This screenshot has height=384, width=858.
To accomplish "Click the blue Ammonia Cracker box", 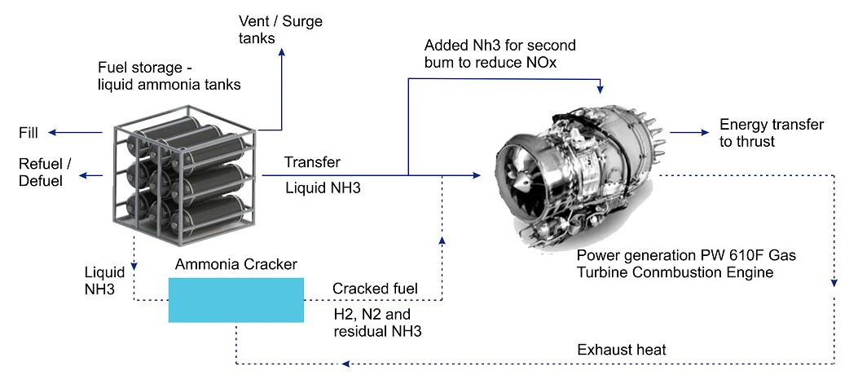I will click(235, 300).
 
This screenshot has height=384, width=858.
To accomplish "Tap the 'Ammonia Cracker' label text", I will click(236, 265).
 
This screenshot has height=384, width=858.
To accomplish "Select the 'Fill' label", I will click(29, 133).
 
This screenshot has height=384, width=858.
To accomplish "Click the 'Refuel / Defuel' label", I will click(45, 172).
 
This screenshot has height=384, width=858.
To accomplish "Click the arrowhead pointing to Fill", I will click(51, 133).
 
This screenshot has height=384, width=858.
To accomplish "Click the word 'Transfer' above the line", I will click(312, 162).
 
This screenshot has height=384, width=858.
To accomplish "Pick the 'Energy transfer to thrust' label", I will click(771, 133).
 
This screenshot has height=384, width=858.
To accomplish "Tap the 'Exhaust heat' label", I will click(621, 350).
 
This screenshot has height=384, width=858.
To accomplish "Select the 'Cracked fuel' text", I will click(375, 289).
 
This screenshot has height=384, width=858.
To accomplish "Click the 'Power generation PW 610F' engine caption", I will click(685, 263).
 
